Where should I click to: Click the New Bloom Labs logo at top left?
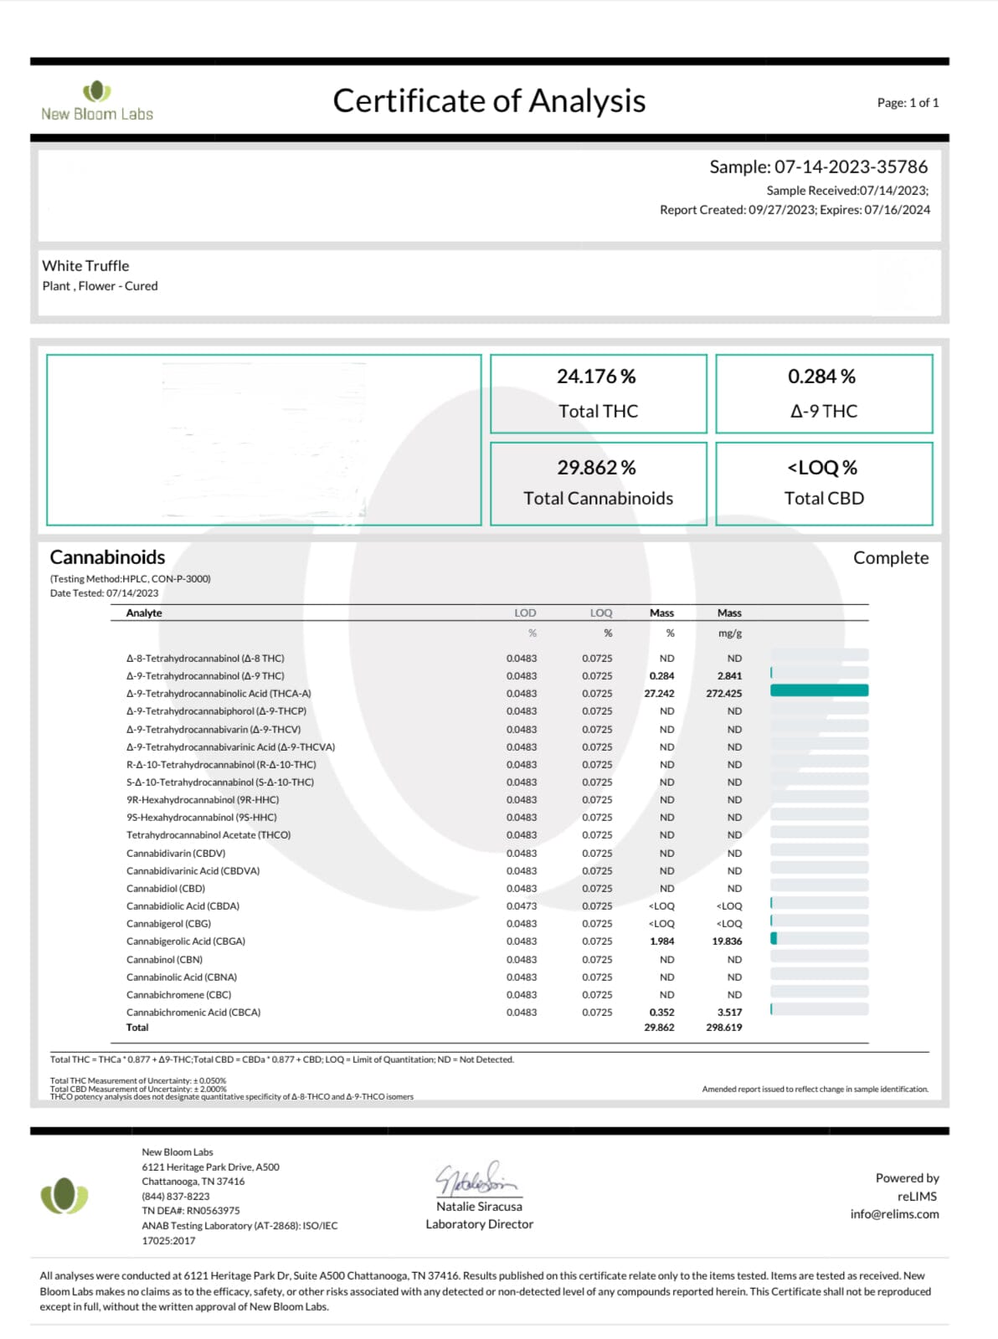click(97, 101)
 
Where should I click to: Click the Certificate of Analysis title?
click(489, 101)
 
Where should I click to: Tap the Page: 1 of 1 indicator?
click(908, 103)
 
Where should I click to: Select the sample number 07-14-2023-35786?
click(851, 167)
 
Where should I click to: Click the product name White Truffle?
click(85, 266)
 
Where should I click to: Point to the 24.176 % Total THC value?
click(596, 377)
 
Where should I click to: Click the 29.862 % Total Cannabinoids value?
click(596, 467)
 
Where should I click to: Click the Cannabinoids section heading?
click(107, 557)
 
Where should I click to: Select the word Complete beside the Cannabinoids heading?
click(891, 558)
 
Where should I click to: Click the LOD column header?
click(525, 613)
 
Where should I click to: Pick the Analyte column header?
click(144, 613)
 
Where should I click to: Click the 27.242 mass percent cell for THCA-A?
click(659, 694)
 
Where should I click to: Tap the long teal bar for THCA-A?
click(819, 691)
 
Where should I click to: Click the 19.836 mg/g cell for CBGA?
click(727, 941)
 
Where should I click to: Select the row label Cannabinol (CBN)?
click(164, 960)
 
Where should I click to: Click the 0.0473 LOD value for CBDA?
click(522, 906)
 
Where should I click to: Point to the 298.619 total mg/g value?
click(723, 1028)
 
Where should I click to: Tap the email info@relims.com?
click(894, 1214)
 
